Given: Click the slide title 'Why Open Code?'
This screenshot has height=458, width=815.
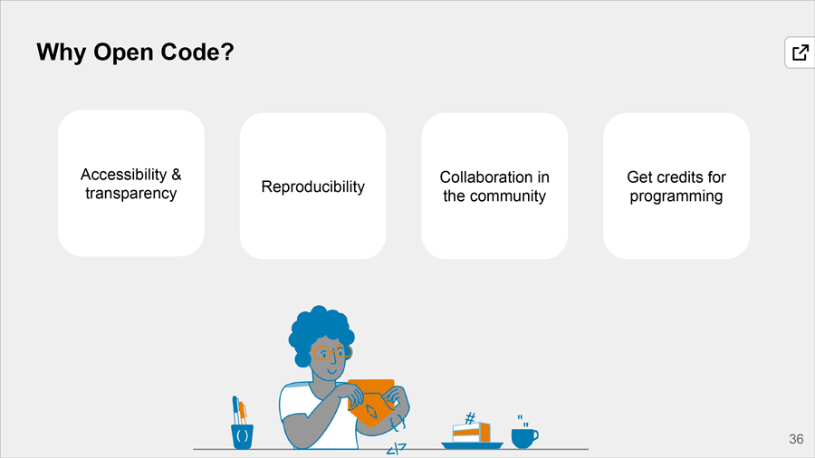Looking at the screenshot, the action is click(135, 52).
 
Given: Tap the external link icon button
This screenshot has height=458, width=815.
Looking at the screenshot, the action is click(800, 52).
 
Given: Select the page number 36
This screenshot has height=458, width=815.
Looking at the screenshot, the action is click(796, 439).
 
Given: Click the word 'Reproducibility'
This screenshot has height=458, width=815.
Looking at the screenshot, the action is click(313, 186).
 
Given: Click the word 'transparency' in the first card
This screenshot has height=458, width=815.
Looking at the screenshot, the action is click(131, 193).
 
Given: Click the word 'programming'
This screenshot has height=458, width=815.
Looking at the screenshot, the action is click(676, 196).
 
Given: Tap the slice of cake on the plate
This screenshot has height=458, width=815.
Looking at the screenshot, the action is click(471, 432).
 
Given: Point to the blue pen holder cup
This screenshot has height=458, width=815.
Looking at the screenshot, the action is click(242, 436).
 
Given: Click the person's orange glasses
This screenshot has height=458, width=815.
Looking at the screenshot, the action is click(331, 353).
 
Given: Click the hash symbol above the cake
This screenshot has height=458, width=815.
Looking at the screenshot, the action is click(470, 417).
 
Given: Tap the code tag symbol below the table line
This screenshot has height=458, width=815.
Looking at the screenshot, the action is click(396, 449).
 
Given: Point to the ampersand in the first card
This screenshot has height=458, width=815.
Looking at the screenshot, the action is click(177, 175).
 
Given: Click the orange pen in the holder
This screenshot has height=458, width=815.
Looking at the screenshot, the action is click(243, 413).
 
